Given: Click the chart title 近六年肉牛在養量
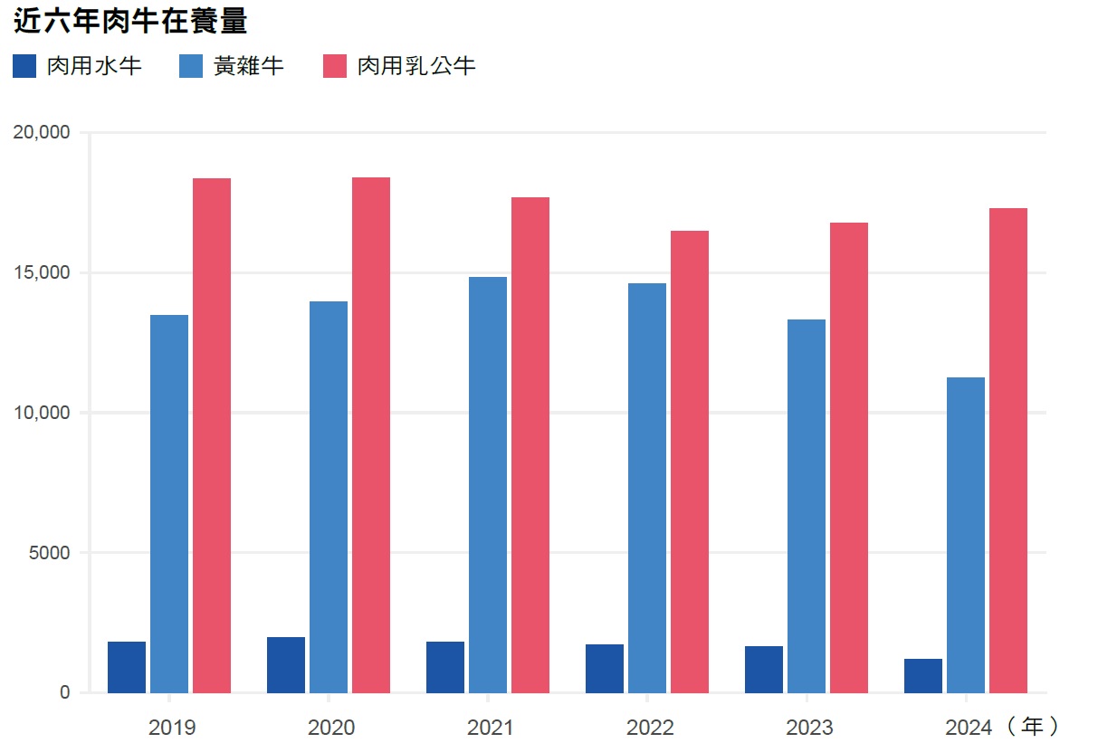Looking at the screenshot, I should (x=131, y=21).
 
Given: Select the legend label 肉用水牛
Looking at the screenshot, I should (x=94, y=66).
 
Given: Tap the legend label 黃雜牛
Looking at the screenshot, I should (x=249, y=66).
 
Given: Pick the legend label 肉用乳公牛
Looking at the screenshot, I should (x=415, y=66).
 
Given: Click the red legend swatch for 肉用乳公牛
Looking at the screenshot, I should (x=334, y=66).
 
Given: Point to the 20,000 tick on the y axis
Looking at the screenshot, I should (x=43, y=133).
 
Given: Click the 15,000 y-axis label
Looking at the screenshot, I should (x=43, y=273).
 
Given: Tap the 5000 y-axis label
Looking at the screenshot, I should (x=49, y=553).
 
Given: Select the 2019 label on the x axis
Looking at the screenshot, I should (x=170, y=728).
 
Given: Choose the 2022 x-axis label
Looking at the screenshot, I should (x=648, y=728).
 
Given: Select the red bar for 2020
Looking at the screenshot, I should (x=371, y=434).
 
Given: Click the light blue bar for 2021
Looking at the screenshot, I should (x=488, y=484).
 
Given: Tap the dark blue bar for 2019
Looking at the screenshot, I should (x=127, y=667).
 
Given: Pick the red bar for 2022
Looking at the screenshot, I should (x=690, y=462).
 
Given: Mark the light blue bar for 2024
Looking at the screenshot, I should (x=966, y=534).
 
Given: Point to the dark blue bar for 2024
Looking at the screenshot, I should (x=923, y=675).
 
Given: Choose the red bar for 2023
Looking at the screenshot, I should (x=849, y=457).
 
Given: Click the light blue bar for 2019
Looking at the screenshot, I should (x=169, y=503).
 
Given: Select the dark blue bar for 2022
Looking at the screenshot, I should (x=605, y=668).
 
